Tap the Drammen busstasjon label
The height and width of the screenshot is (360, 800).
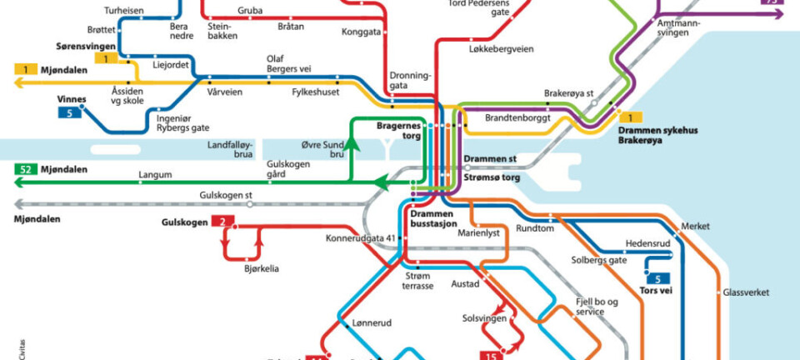433,220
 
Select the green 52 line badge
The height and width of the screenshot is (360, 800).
26,170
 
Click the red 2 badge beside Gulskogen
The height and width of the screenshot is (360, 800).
222,222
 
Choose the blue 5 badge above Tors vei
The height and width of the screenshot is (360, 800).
657,278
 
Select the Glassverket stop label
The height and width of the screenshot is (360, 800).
746,292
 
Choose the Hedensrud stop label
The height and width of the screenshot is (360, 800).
648,243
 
